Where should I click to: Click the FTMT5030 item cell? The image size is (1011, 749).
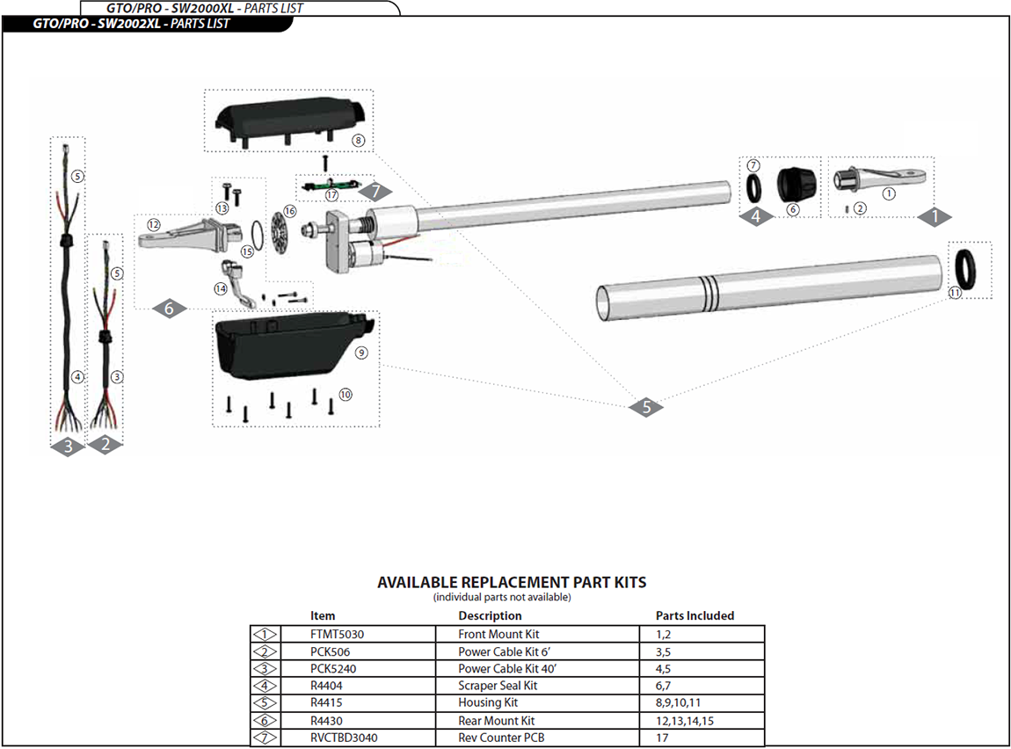tap(338, 634)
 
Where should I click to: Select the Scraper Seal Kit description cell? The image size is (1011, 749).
tap(498, 686)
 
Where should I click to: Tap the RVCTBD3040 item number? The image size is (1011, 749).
tap(344, 738)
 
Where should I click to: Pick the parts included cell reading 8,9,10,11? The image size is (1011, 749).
tap(678, 703)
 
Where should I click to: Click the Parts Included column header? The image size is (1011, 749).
tap(695, 616)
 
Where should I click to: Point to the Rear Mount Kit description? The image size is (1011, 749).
tap(496, 721)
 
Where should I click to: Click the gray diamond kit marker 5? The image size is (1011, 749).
tap(646, 407)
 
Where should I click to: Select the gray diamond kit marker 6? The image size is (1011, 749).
tap(170, 308)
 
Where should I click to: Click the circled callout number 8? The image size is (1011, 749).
tap(358, 140)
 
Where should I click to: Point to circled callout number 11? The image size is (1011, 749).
tap(955, 295)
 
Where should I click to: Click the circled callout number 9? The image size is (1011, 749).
tap(360, 353)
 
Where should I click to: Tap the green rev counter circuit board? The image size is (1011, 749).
tap(330, 186)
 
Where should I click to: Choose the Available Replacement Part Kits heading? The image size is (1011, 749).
tap(512, 582)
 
